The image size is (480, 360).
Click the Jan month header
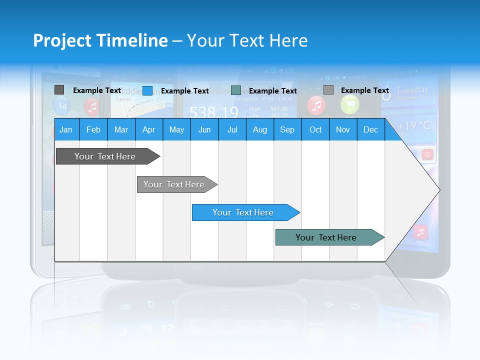click(66, 129)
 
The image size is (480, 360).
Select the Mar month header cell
click(121, 129)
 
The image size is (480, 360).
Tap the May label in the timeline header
click(176, 129)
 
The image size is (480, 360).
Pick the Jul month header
click(232, 129)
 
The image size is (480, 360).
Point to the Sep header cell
click(287, 129)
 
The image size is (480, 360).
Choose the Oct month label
click(315, 129)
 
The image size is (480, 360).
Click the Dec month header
click(370, 129)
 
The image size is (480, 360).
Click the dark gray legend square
click(59, 90)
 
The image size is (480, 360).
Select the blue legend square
click(147, 90)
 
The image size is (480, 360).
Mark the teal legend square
click(236, 90)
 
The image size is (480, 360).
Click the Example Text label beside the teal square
click(272, 91)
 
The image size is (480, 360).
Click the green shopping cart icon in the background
click(349, 104)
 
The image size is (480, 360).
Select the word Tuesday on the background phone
click(412, 90)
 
